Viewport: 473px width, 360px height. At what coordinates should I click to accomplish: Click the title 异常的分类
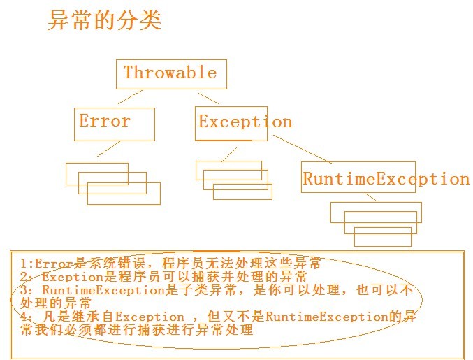[x=104, y=20]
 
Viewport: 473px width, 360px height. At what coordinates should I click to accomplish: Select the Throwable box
[x=170, y=73]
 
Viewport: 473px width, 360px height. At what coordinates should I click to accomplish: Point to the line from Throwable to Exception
[x=208, y=98]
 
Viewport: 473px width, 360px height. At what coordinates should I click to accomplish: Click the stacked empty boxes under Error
[x=112, y=183]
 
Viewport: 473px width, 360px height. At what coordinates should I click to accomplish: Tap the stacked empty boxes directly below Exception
[x=233, y=180]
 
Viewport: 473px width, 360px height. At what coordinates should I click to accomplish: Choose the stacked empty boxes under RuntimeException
[x=377, y=223]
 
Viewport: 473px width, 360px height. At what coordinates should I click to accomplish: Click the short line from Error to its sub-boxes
[x=108, y=149]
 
